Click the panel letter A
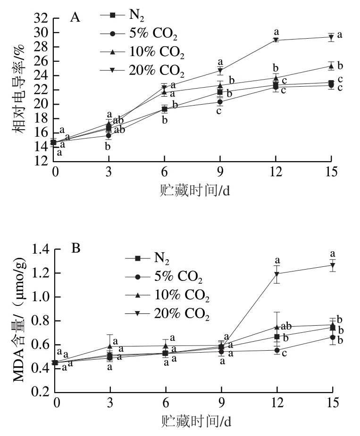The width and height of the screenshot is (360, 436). pos(75,17)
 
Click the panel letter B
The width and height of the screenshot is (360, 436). pos(75,247)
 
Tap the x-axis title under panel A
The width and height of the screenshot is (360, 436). pos(193,190)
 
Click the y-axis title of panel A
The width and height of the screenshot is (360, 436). pos(21,90)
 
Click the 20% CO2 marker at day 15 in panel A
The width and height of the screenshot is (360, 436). pos(332,37)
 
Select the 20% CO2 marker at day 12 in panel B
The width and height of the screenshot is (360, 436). pos(277,274)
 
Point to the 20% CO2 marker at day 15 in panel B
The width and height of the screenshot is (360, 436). pos(333,265)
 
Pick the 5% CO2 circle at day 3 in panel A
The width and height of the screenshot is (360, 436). pos(109,135)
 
